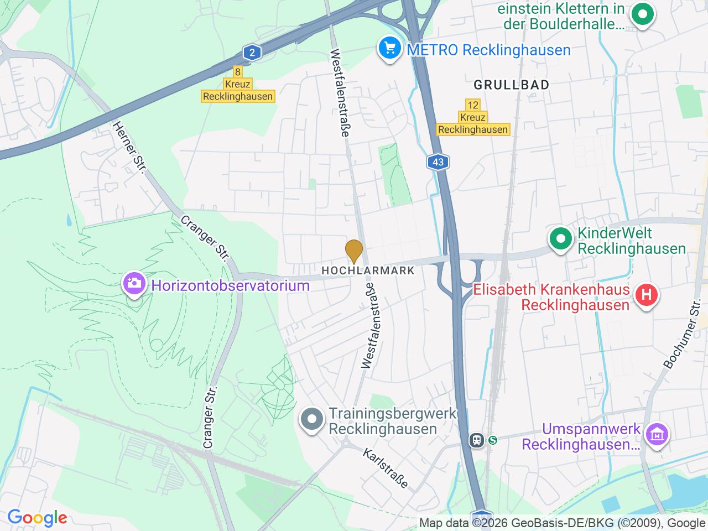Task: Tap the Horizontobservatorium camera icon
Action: pos(134,285)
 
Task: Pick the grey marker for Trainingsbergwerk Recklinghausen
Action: pos(312,420)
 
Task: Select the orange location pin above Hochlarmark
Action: pos(354,251)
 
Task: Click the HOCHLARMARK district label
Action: pos(368,270)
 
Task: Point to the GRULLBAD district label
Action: pos(512,85)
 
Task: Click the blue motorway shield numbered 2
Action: pos(252,53)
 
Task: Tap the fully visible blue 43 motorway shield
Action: pos(438,162)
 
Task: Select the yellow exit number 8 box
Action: pos(237,71)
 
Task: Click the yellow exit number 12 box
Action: pos(473,105)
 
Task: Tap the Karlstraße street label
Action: pos(386,468)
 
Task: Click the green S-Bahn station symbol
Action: pos(492,440)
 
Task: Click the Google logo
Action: pos(37,518)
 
